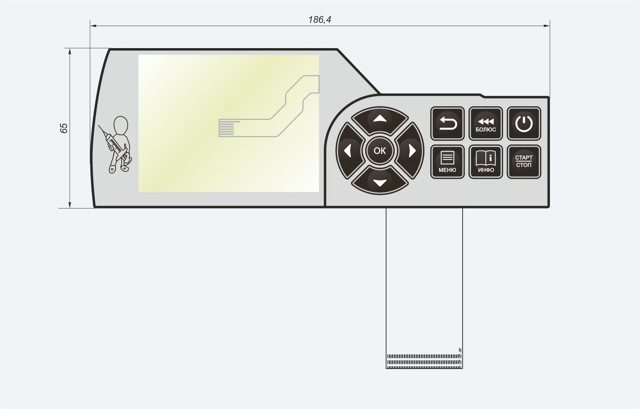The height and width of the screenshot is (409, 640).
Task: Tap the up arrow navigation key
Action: click(x=380, y=120)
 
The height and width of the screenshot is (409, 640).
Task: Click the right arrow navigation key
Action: click(x=411, y=151)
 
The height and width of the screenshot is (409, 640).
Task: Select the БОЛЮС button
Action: click(x=486, y=124)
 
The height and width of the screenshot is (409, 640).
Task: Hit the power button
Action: click(x=524, y=124)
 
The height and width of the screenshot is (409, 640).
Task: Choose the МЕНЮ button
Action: click(x=447, y=162)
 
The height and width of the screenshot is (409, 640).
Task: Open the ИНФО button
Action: click(x=486, y=162)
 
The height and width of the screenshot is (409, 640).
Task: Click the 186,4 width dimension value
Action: click(x=320, y=20)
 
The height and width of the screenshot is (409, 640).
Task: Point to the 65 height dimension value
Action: click(x=64, y=128)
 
